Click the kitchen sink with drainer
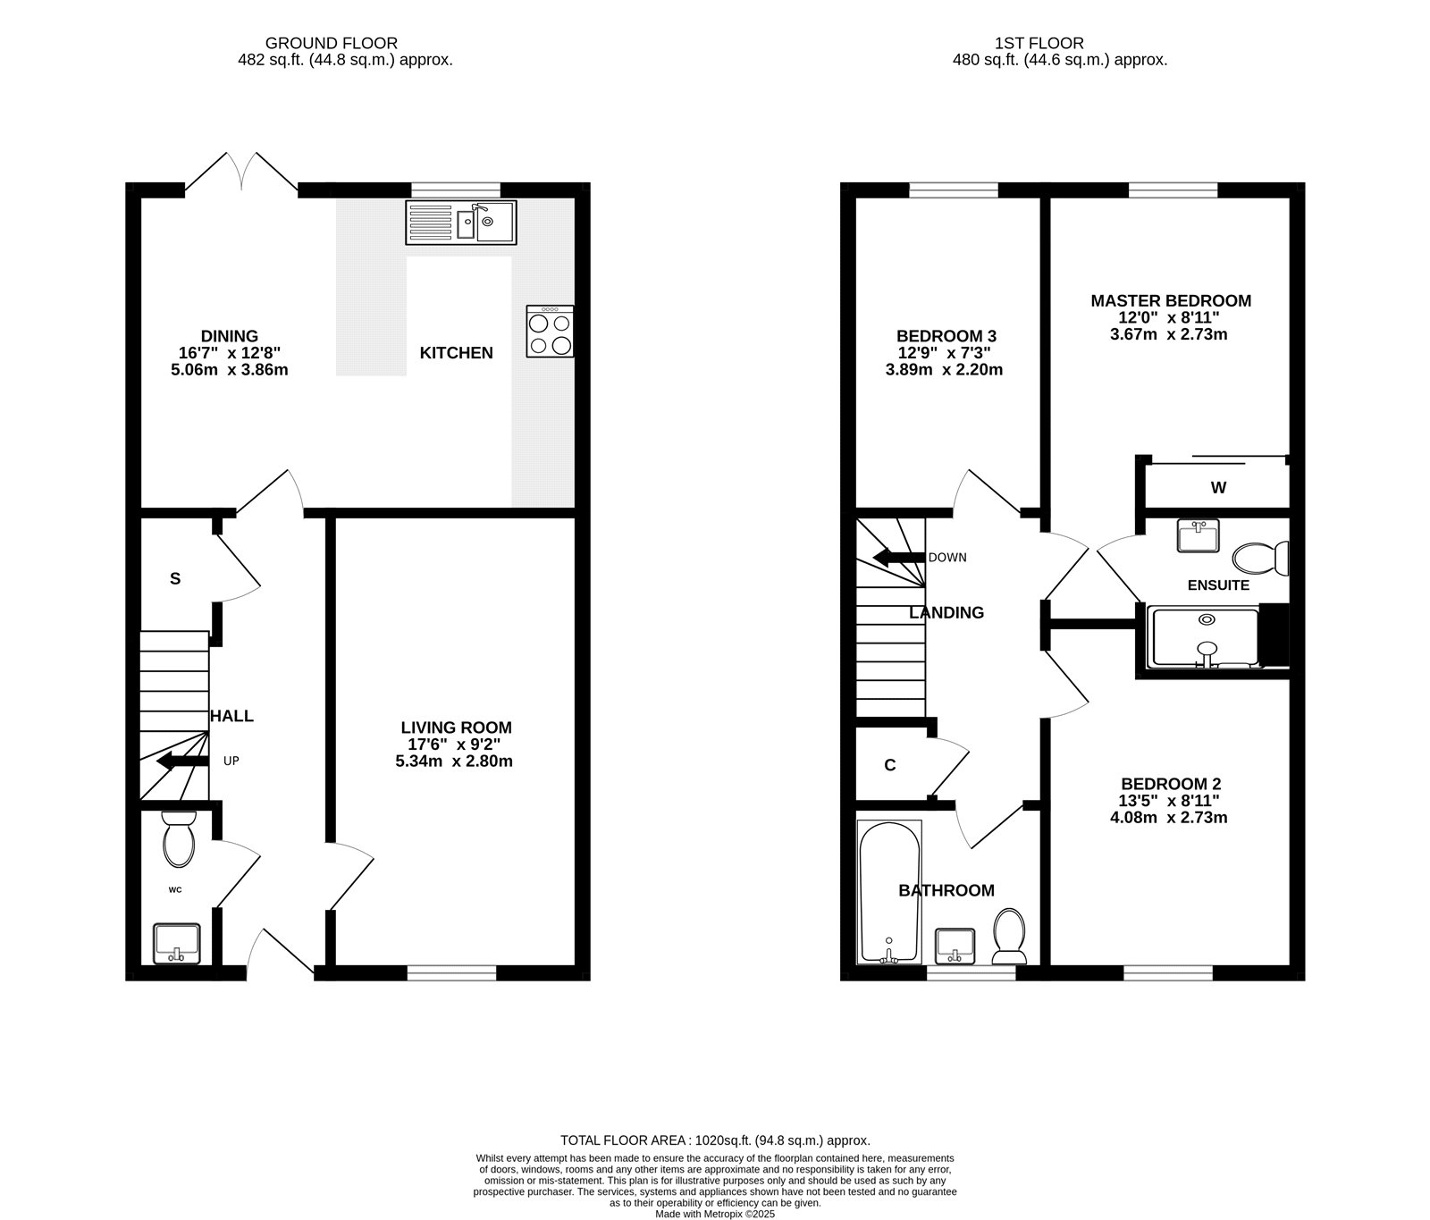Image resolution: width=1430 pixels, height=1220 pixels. tap(461, 223)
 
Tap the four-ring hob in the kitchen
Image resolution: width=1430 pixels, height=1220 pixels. tap(551, 332)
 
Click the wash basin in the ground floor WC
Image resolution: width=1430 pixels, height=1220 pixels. tap(177, 944)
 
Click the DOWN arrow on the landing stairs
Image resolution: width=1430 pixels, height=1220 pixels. tap(898, 558)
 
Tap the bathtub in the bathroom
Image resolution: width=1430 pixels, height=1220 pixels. tap(889, 893)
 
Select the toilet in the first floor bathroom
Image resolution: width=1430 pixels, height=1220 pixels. tap(1010, 937)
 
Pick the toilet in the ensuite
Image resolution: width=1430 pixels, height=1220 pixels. tap(1261, 559)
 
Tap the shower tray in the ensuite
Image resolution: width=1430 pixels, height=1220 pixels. tap(1206, 637)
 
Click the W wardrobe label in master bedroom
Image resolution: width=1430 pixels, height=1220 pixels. tap(1218, 488)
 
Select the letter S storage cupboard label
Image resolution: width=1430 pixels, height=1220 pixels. tap(175, 578)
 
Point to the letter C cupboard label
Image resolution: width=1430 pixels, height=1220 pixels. tap(890, 765)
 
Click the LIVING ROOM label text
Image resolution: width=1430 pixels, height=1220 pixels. tap(456, 728)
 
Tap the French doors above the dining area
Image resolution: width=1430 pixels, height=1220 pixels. tap(241, 171)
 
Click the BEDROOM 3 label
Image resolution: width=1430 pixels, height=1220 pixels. tap(946, 336)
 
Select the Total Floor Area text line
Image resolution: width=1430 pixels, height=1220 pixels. tap(715, 1140)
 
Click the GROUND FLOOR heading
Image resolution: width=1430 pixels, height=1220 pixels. tap(332, 43)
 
